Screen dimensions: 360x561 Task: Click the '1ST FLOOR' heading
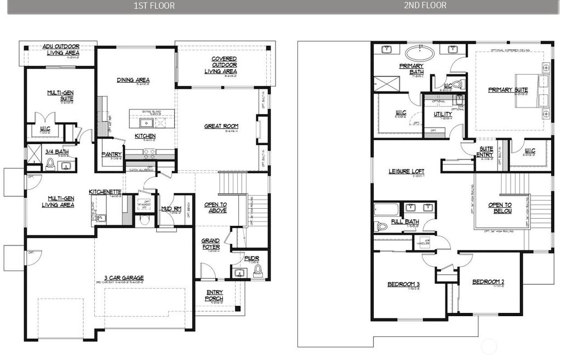point(154,6)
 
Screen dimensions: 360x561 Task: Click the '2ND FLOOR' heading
point(425,5)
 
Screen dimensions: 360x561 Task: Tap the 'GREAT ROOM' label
point(221,126)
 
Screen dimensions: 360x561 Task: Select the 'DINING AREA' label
point(133,80)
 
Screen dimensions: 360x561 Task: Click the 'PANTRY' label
point(111,155)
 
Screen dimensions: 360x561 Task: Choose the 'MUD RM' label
point(170,209)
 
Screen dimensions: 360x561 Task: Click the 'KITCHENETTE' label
point(105,192)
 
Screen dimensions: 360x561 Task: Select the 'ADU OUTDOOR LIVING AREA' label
point(61,50)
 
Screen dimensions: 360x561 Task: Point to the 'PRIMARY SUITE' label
point(508,89)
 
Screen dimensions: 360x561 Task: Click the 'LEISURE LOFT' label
point(407,172)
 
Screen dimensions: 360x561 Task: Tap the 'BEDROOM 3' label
point(403,284)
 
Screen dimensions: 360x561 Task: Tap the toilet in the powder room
point(259,272)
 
